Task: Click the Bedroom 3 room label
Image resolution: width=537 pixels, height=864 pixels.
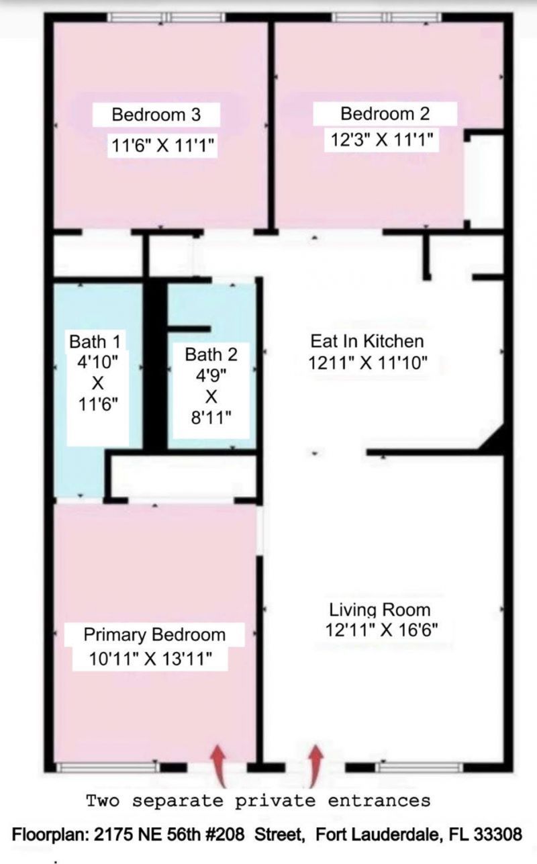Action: (x=156, y=114)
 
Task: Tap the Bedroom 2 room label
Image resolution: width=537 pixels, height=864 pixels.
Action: (x=385, y=113)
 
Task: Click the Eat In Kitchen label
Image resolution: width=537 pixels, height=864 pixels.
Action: (x=367, y=341)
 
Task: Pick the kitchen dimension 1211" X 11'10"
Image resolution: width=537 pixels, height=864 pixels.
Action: (x=368, y=363)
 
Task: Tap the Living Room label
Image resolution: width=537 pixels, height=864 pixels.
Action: (x=379, y=610)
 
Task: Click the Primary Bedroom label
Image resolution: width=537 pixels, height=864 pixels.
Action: (x=154, y=634)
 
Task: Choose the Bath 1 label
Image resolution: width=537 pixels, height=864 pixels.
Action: (x=96, y=342)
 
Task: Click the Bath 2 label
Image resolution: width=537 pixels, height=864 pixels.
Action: (x=211, y=354)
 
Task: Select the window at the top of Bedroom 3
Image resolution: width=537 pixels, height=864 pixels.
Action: (x=167, y=18)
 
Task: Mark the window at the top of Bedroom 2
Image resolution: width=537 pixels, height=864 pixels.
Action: (x=387, y=18)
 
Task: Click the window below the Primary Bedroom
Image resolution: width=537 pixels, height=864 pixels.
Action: (x=107, y=767)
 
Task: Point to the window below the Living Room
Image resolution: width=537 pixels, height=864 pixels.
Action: (x=419, y=767)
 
